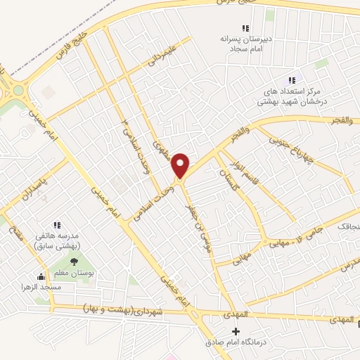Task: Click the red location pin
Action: [181, 165]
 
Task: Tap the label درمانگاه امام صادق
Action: [231, 342]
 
